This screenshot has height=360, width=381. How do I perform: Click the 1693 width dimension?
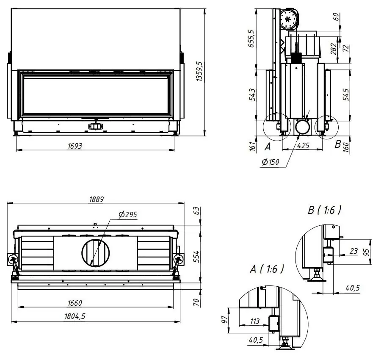pyautogui.click(x=75, y=146)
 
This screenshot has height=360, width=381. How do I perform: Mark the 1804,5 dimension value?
pyautogui.click(x=73, y=316)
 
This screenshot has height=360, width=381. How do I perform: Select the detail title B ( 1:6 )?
pyautogui.click(x=324, y=210)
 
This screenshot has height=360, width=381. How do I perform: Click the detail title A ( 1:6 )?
pyautogui.click(x=266, y=269)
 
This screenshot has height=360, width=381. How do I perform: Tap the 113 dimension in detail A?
pyautogui.click(x=254, y=321)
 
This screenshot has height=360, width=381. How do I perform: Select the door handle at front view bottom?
pyautogui.click(x=95, y=126)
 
